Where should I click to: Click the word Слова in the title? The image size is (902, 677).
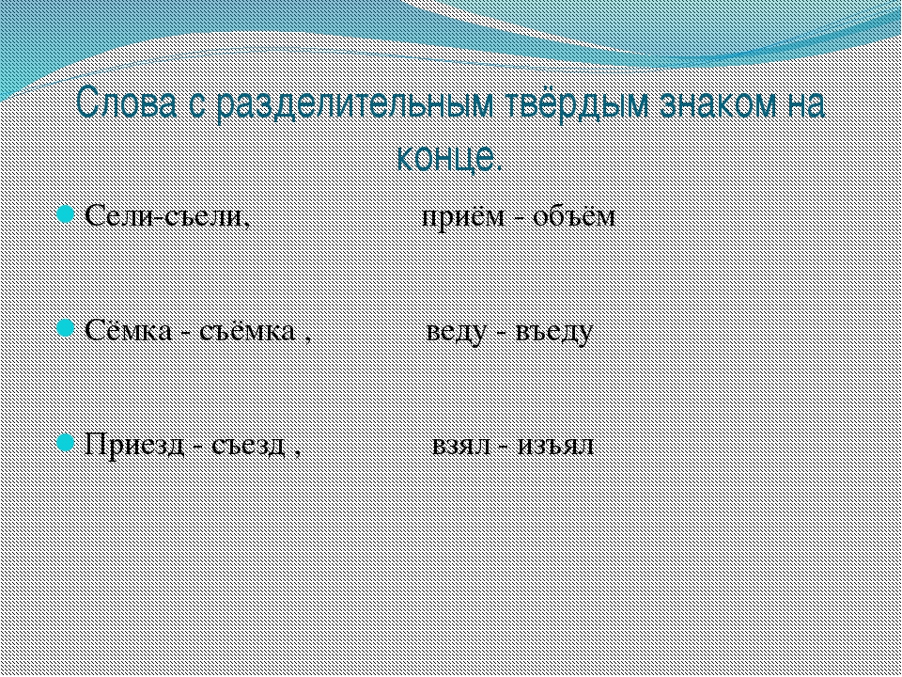click(x=126, y=104)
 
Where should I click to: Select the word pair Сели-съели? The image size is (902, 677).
click(x=167, y=216)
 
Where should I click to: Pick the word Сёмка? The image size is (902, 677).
click(x=129, y=330)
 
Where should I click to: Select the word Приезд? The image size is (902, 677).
click(x=134, y=446)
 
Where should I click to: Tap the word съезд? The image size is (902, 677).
click(x=248, y=446)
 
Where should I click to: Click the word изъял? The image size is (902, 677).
click(x=555, y=447)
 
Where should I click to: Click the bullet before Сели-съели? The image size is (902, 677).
click(x=66, y=215)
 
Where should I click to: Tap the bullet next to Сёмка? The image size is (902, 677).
click(x=66, y=329)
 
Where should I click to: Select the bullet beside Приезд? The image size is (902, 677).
click(x=66, y=443)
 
